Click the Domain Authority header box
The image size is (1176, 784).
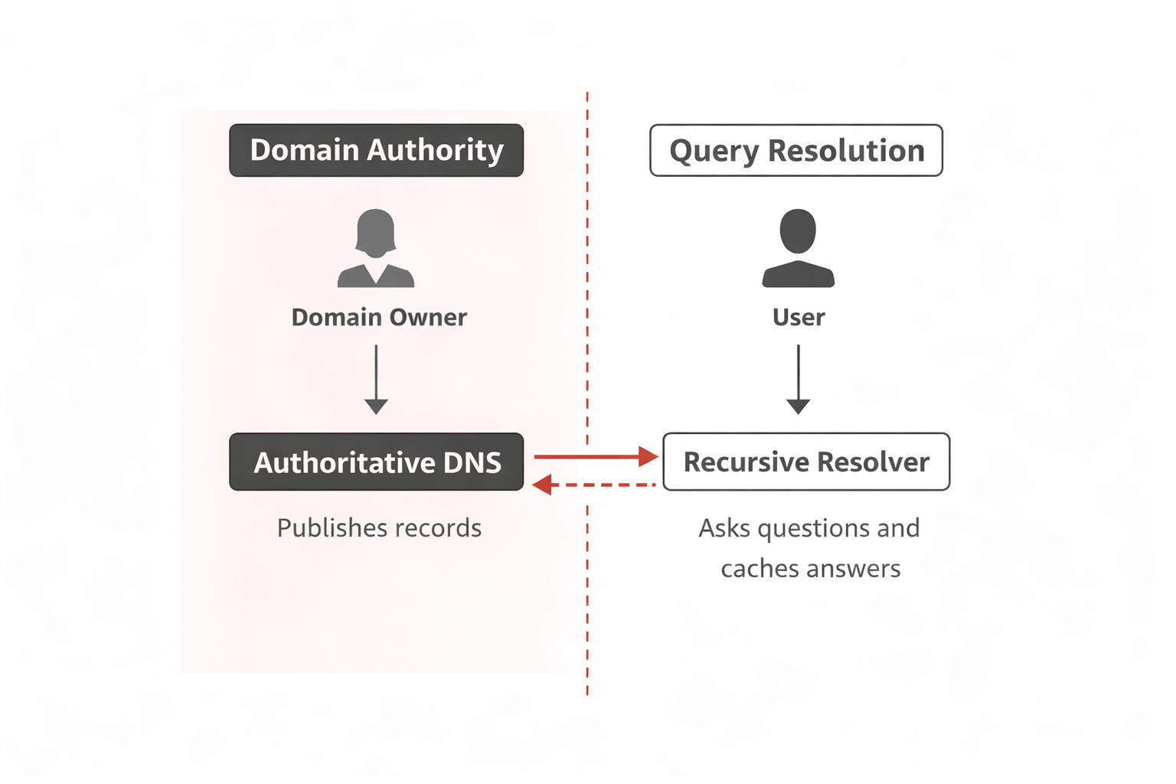376,151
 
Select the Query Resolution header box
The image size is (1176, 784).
796,151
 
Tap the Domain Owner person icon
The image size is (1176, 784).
376,248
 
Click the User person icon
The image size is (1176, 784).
798,248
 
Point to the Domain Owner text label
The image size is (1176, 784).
379,317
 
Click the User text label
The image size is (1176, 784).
799,317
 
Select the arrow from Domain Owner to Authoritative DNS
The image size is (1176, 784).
376,379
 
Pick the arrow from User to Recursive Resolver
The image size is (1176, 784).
799,379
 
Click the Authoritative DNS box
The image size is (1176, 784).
376,462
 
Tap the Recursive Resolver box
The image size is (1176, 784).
806,462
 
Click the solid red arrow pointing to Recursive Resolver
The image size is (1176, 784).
596,457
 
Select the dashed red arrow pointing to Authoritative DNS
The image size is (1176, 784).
596,485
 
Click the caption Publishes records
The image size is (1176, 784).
379,528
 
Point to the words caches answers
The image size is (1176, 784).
811,568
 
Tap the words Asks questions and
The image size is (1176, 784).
809,528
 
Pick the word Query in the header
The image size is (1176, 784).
714,152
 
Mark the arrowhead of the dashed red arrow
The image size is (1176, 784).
542,485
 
